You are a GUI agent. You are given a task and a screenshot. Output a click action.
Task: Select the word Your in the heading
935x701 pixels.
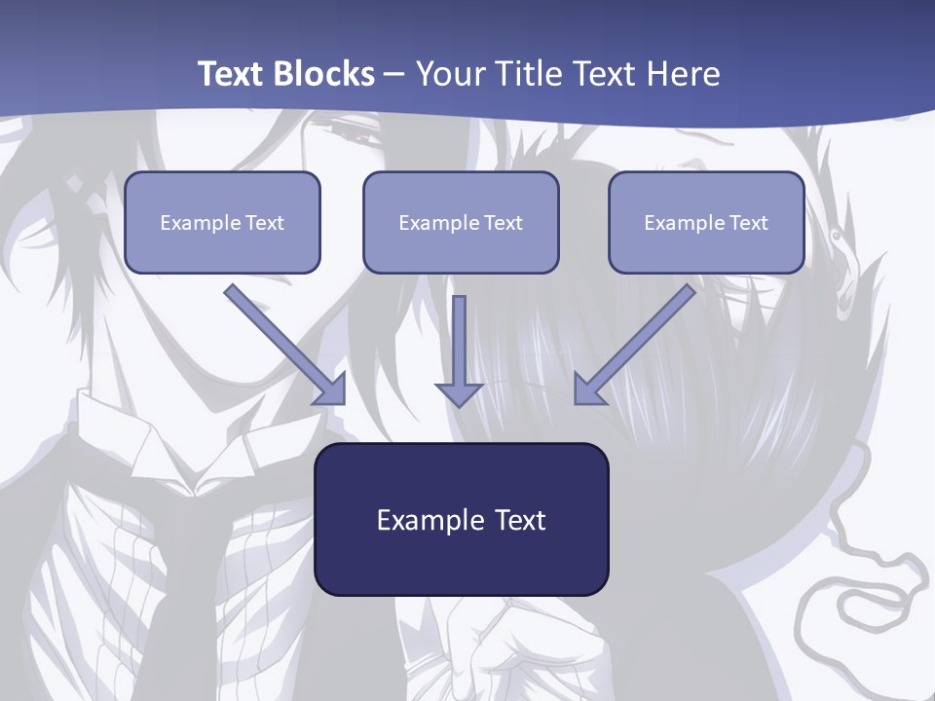[x=449, y=74]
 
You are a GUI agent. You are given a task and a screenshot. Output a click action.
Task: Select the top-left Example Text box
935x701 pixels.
[x=222, y=222]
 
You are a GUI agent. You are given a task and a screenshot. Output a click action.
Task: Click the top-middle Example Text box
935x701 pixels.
[x=461, y=222]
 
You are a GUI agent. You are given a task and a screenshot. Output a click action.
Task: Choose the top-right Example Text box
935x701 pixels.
[x=706, y=222]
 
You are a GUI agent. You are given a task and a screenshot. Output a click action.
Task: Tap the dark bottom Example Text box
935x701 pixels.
[x=461, y=519]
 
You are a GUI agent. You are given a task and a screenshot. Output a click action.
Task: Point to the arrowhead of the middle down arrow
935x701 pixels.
[x=459, y=393]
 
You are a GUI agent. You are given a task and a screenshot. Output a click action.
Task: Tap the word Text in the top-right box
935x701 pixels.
[x=748, y=223]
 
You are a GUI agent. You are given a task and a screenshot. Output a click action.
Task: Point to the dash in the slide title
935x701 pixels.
[x=394, y=74]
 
